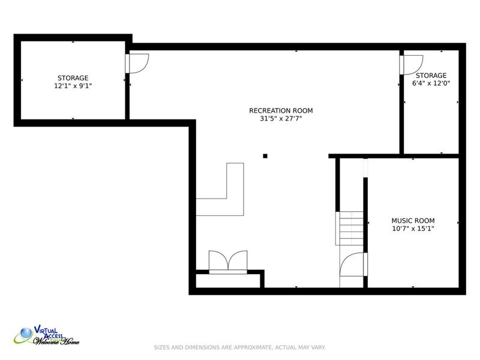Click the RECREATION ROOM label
point(281,110)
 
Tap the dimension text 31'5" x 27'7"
point(281,118)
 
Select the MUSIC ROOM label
point(413,220)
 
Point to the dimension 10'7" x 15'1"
point(413,229)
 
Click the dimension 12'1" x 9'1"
point(73,86)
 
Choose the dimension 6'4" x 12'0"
point(431,83)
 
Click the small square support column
point(265,156)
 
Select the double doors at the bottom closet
point(228,262)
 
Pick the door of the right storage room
point(411,65)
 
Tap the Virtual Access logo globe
point(26,333)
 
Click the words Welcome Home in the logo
point(56,341)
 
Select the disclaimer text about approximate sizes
point(239,347)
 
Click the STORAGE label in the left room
point(73,78)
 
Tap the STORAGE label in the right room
point(431,76)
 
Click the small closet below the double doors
point(228,281)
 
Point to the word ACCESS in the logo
point(53,336)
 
